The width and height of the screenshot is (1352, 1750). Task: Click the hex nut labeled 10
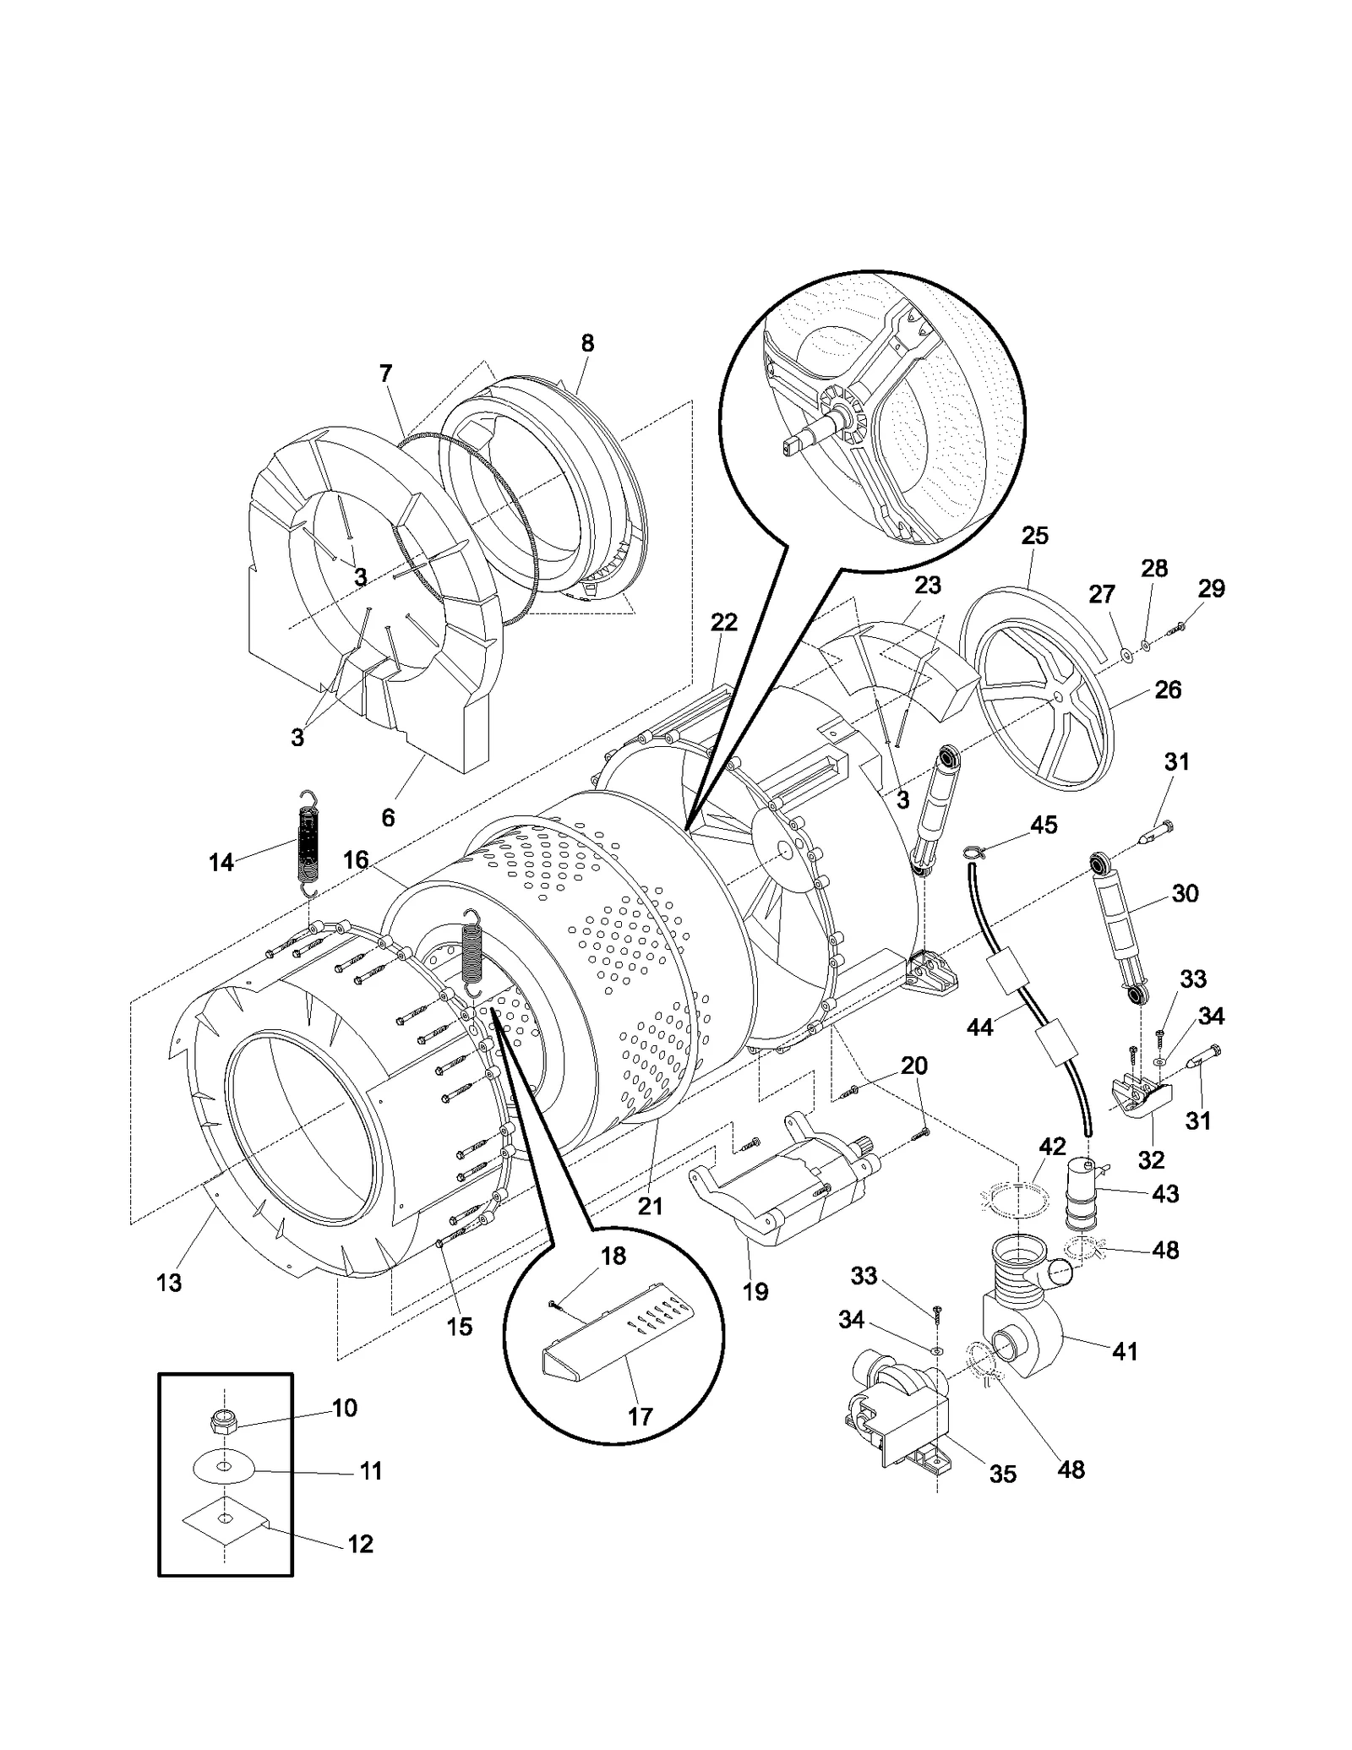(222, 1422)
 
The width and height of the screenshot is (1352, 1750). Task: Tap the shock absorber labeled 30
(1120, 930)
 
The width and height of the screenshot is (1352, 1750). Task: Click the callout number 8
(587, 343)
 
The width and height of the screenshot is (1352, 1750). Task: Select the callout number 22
(723, 623)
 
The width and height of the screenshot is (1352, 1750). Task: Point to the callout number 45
(1044, 825)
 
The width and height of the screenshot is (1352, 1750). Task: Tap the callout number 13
(169, 1283)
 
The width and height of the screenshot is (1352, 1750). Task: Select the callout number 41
(1125, 1351)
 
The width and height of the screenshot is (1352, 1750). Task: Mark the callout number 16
(356, 860)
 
